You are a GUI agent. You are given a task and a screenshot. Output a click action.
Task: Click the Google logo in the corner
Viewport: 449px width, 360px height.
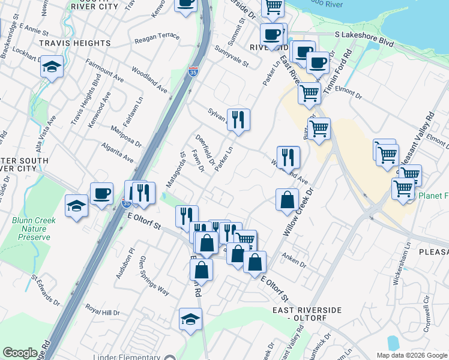pos(20,353)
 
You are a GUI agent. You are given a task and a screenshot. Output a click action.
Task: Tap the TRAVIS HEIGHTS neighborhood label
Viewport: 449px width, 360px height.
pos(74,43)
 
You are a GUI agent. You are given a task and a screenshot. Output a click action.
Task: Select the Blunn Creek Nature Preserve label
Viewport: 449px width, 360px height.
pos(34,229)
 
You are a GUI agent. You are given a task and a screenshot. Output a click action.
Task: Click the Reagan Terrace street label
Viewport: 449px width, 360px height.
pos(157,37)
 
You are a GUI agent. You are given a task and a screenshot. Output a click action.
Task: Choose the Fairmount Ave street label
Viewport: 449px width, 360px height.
pos(104,70)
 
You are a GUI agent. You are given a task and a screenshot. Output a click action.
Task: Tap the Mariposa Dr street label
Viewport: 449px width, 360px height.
pos(126,136)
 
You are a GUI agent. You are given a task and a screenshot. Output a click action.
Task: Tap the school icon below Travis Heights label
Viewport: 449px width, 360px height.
pos(52,67)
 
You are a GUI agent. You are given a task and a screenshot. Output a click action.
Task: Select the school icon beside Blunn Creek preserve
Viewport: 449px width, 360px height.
pos(77,206)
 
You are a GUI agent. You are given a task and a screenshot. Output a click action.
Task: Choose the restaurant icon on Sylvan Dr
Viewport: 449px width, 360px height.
pos(238,119)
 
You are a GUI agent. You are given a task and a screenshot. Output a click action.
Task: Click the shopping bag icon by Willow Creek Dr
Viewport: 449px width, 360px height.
pos(288,199)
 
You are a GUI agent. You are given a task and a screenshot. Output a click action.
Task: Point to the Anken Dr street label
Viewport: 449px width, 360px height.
pos(295,262)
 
